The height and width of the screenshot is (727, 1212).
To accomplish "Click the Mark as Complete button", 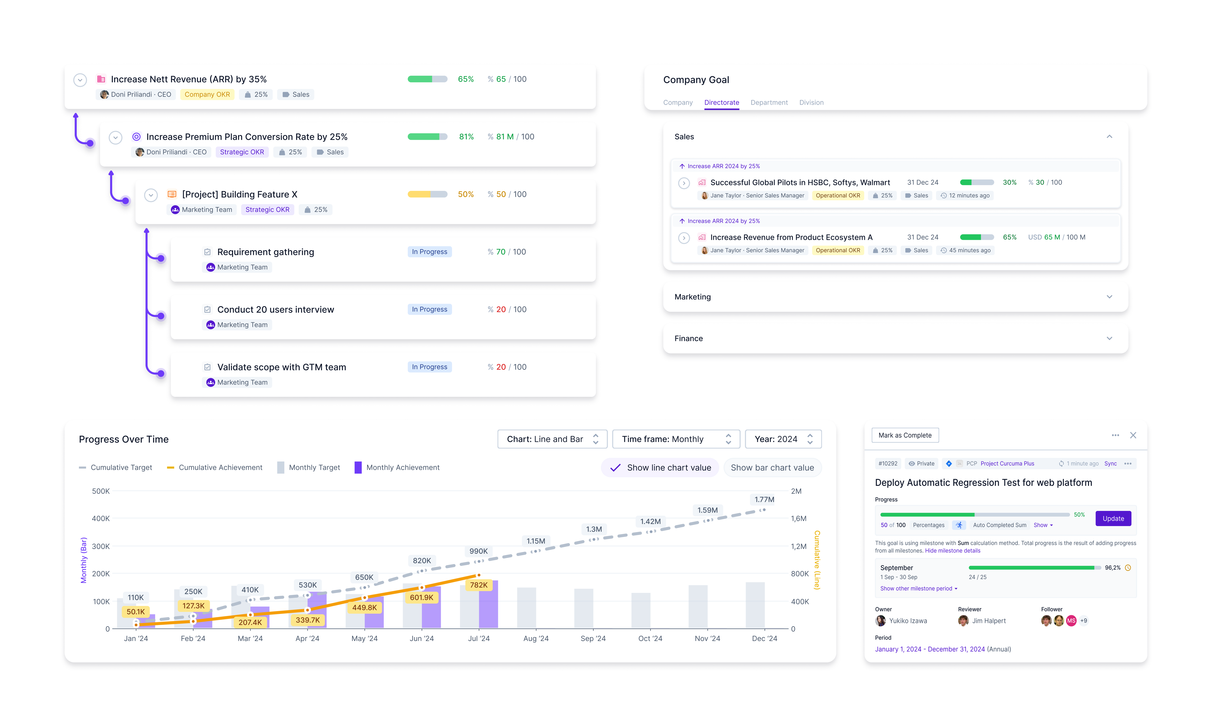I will coord(905,435).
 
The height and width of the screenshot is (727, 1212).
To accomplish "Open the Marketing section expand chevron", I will coord(1109,297).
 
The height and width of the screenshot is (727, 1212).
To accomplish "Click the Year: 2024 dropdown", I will coord(783,439).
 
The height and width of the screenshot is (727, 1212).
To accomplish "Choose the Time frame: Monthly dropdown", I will coord(676,439).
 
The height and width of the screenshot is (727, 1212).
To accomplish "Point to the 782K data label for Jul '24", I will coord(479,585).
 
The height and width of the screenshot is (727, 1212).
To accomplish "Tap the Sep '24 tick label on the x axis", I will coord(593,638).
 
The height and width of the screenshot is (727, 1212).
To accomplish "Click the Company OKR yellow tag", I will coord(207,95).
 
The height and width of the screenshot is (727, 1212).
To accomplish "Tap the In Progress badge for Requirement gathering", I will coord(429,252).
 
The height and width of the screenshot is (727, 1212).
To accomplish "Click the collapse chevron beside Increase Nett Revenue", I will coord(80,80).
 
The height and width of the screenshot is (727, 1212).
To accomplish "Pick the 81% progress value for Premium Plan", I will coord(466,137).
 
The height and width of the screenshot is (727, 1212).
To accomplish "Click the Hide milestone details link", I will coord(952,551).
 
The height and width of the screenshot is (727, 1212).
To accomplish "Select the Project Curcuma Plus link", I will coord(1007,463).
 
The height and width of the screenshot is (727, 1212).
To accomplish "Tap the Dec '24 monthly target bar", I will coord(755,605).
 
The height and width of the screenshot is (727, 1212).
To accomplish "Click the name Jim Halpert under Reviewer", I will coord(989,621).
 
